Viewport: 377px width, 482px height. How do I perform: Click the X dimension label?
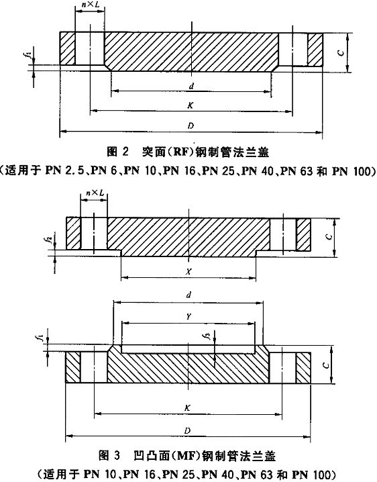[188, 271]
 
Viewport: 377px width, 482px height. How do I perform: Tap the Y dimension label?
[188, 317]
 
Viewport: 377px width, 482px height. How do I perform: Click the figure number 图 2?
[117, 152]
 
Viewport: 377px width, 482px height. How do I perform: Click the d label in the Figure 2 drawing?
[191, 86]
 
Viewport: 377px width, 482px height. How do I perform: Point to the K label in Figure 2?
[191, 105]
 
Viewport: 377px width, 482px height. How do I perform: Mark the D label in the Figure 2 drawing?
[191, 126]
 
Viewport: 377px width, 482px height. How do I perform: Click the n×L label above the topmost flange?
[89, 5]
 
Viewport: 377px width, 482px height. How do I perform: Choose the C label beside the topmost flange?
[340, 53]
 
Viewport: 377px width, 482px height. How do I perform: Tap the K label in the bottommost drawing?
[187, 408]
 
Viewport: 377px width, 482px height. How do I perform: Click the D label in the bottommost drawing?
[187, 430]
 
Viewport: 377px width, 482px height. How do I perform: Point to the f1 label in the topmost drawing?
[29, 55]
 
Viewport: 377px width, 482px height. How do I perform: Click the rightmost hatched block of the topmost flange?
[315, 50]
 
